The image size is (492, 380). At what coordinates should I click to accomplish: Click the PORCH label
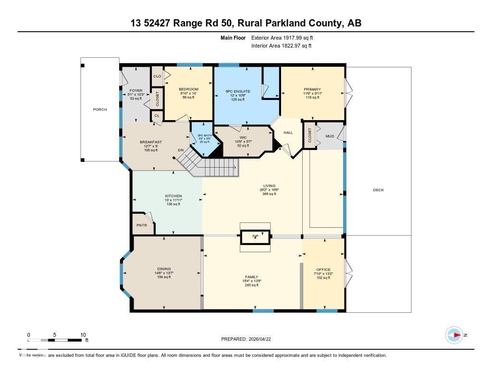[x=100, y=110]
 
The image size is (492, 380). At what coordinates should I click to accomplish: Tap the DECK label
[x=379, y=190]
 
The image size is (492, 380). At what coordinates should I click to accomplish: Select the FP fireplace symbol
[x=256, y=236]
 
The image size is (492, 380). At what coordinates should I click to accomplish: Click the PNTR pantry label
[x=141, y=225]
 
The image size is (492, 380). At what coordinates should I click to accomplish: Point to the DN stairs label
[x=181, y=150]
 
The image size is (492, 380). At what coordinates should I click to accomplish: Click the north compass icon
[x=454, y=335]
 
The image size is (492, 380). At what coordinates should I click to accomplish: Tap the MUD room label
[x=330, y=136]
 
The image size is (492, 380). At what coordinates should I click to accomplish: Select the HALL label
[x=288, y=133]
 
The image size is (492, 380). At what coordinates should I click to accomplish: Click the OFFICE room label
[x=323, y=270]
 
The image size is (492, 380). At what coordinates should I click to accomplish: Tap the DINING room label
[x=164, y=269]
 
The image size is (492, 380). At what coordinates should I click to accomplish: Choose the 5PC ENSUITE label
[x=238, y=91]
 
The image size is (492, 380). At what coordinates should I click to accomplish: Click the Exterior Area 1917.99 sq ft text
[x=282, y=37]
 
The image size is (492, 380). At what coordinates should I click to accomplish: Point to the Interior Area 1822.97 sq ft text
[x=281, y=46]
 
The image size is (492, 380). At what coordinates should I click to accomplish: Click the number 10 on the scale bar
[x=83, y=335]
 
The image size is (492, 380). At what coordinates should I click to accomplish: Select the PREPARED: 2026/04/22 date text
[x=249, y=339]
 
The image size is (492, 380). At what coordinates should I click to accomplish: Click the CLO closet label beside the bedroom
[x=157, y=76]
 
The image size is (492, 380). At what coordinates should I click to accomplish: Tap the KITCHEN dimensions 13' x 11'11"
[x=173, y=200]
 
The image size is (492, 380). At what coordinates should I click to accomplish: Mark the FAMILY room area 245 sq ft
[x=251, y=285]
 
